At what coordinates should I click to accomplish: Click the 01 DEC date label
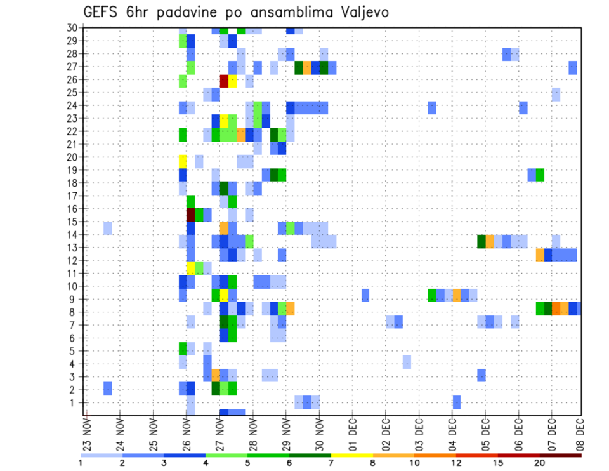point(353,432)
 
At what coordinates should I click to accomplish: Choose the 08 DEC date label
point(579,432)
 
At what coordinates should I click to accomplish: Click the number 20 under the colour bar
point(540,463)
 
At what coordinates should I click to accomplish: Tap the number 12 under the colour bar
point(456,463)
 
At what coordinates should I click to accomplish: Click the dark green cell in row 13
point(481,241)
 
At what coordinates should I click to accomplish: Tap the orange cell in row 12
point(540,255)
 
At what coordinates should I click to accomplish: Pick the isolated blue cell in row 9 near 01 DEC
point(365,295)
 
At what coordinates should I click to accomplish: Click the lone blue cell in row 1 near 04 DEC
point(457,402)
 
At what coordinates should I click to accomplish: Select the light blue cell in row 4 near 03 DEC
point(407,362)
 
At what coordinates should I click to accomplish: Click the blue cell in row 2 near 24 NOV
point(108,388)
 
